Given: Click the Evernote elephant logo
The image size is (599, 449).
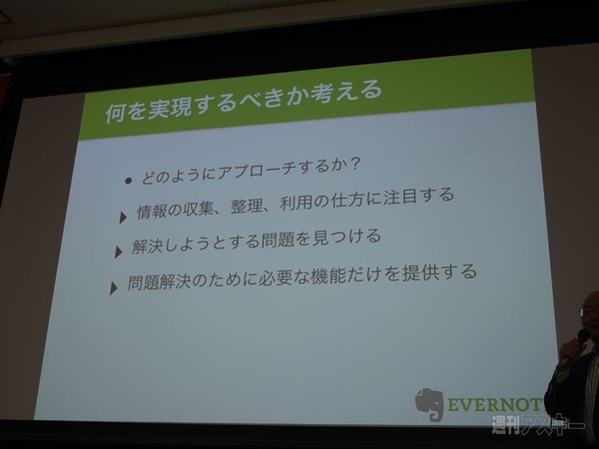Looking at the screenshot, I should pos(428,404).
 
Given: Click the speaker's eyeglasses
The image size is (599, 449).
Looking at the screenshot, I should pos(588,313).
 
